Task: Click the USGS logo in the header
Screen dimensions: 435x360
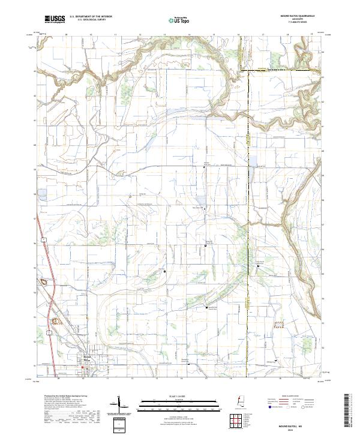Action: click(x=55, y=19)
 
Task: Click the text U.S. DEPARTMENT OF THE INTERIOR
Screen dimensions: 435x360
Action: click(x=90, y=17)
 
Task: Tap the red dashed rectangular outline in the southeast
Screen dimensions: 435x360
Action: click(x=277, y=327)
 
